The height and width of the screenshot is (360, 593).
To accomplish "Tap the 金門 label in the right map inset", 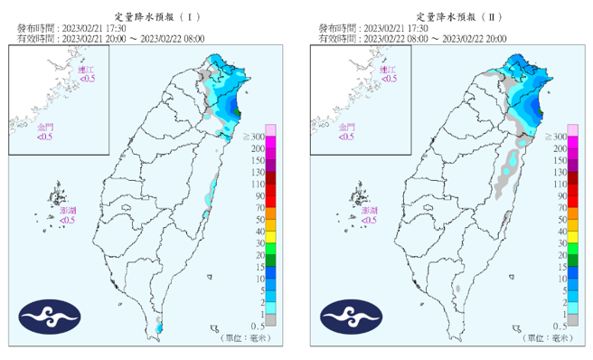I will [347, 128].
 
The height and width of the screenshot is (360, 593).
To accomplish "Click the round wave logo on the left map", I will [51, 316].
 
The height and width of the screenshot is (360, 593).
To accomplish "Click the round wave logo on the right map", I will [352, 316].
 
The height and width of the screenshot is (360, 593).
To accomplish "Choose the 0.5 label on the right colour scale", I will [559, 326].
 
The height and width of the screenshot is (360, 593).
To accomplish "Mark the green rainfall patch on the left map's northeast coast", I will [237, 111].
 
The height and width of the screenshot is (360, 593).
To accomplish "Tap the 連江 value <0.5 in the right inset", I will [389, 80].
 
